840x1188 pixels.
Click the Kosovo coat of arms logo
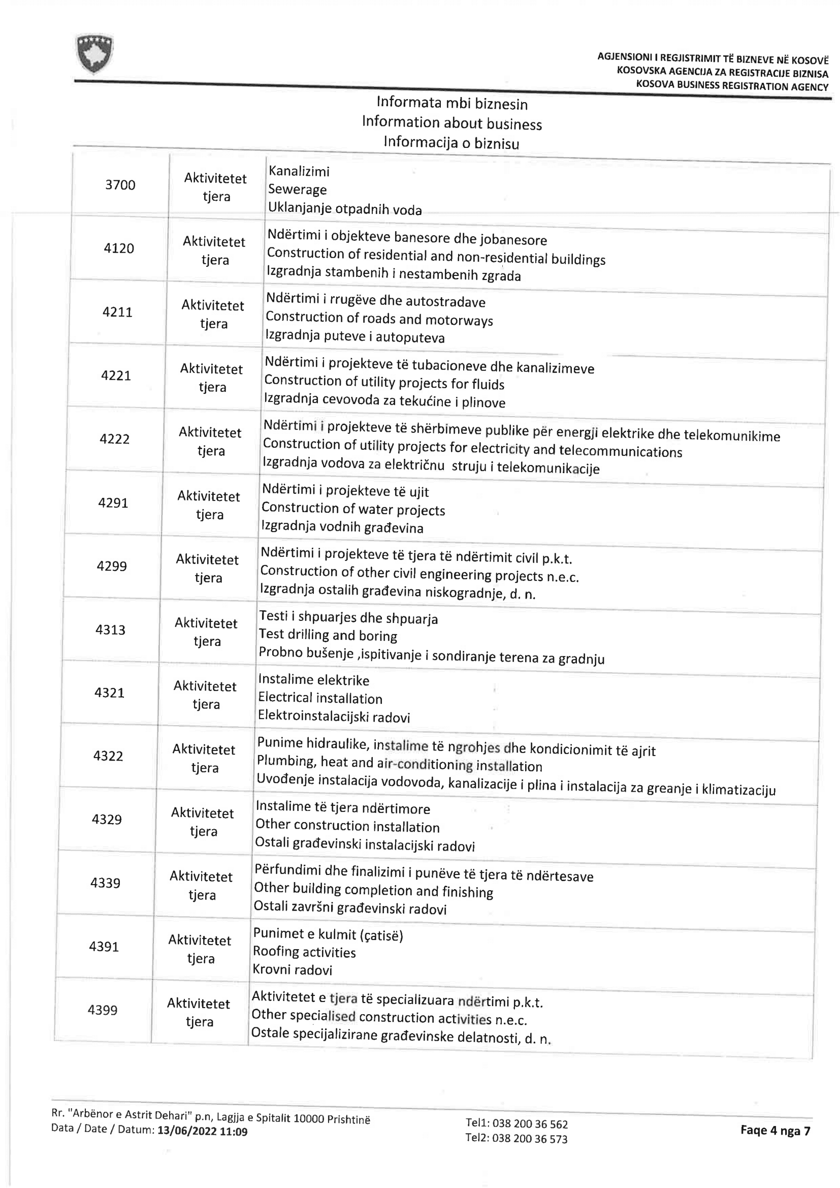[x=94, y=54]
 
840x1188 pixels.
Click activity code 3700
[x=120, y=185]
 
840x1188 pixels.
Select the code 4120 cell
[x=119, y=248]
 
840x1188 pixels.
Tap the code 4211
[x=117, y=312]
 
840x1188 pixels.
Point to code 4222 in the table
[x=114, y=440]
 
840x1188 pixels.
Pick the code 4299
[x=112, y=566]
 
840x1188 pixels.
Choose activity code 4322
[x=108, y=756]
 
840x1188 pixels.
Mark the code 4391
[x=104, y=946]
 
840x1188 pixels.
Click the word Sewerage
[x=298, y=190]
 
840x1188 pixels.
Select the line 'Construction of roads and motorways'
[x=379, y=319]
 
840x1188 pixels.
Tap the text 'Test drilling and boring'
[x=328, y=635]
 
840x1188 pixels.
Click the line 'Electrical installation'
[x=320, y=698]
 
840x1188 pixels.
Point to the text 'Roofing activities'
[x=304, y=952]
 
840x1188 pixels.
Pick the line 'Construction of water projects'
[x=353, y=509]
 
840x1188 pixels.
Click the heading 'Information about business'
[x=452, y=123]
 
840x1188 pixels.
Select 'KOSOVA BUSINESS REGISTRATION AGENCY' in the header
[x=732, y=86]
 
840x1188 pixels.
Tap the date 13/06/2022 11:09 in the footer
[x=202, y=1132]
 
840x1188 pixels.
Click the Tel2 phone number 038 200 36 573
[x=530, y=1139]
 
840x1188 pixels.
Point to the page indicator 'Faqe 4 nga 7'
[x=775, y=1131]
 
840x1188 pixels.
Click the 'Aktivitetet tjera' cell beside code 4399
[x=199, y=1013]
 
